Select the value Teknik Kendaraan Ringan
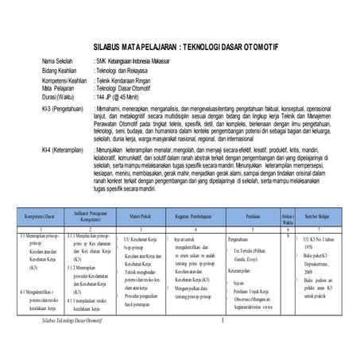pyautogui.click(x=129, y=81)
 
